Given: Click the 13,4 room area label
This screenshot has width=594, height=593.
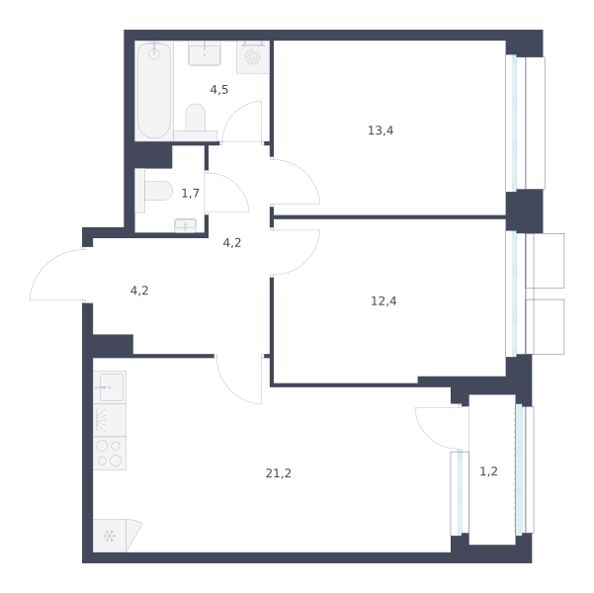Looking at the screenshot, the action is click(381, 130).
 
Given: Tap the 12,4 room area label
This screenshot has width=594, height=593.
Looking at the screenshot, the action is click(383, 301).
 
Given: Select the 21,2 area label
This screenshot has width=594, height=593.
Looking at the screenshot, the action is click(278, 473).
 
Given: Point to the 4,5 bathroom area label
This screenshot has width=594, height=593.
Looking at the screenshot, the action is click(219, 90).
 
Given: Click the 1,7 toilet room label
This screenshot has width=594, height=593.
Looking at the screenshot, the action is click(190, 194).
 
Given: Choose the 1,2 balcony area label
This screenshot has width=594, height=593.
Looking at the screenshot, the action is click(488, 471).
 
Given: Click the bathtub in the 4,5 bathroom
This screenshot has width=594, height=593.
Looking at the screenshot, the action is click(154, 91).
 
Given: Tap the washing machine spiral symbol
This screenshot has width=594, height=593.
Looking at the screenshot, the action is click(253, 57).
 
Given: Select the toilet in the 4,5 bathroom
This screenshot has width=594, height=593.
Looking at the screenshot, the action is click(196, 122).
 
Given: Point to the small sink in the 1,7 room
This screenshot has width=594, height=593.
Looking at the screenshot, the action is click(185, 225).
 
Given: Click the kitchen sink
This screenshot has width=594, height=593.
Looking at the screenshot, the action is click(110, 386).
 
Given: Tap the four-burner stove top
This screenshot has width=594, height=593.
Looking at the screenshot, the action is click(110, 454).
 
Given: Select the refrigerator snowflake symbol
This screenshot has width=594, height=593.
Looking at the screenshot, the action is click(110, 536).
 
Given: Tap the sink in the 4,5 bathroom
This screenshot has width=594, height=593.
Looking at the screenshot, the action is click(205, 53).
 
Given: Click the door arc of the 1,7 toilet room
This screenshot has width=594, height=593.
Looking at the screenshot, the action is click(236, 185).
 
